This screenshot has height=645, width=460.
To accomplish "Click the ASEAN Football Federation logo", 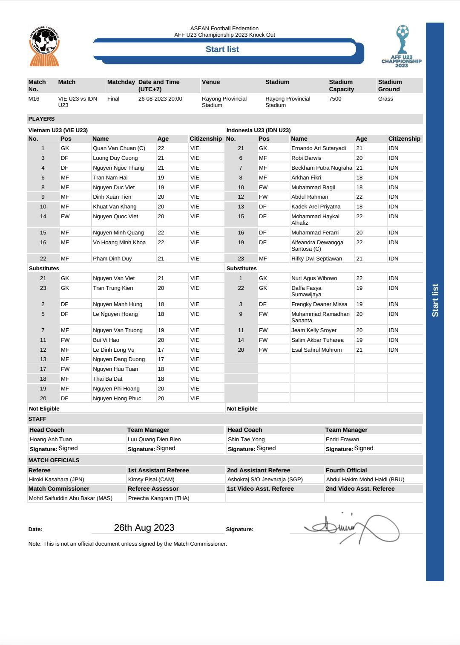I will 44,46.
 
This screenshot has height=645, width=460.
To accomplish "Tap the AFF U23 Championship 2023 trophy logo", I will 402,46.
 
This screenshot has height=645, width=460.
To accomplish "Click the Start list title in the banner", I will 222,49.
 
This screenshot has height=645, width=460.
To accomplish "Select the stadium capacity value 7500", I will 335,99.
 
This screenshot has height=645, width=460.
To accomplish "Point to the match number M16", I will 34,99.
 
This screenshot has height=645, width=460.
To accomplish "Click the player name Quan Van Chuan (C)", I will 119,148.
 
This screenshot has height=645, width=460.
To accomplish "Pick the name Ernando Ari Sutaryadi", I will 319,148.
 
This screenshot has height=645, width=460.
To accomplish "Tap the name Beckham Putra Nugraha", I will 322,168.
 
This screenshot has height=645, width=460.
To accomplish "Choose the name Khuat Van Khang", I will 115,207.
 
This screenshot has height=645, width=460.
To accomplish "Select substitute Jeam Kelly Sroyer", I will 314,330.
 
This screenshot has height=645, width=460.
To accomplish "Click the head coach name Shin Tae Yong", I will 246,440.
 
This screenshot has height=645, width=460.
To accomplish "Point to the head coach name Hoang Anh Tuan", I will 51,440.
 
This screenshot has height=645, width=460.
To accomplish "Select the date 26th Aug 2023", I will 144,528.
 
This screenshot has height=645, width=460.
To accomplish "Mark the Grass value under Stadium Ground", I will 385,99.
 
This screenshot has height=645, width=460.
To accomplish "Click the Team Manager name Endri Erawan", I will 342,440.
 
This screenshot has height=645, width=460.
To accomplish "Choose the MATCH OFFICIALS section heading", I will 54,460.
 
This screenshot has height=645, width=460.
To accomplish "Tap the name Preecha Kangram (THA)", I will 158,498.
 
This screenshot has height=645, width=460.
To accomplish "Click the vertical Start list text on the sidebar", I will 435,300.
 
